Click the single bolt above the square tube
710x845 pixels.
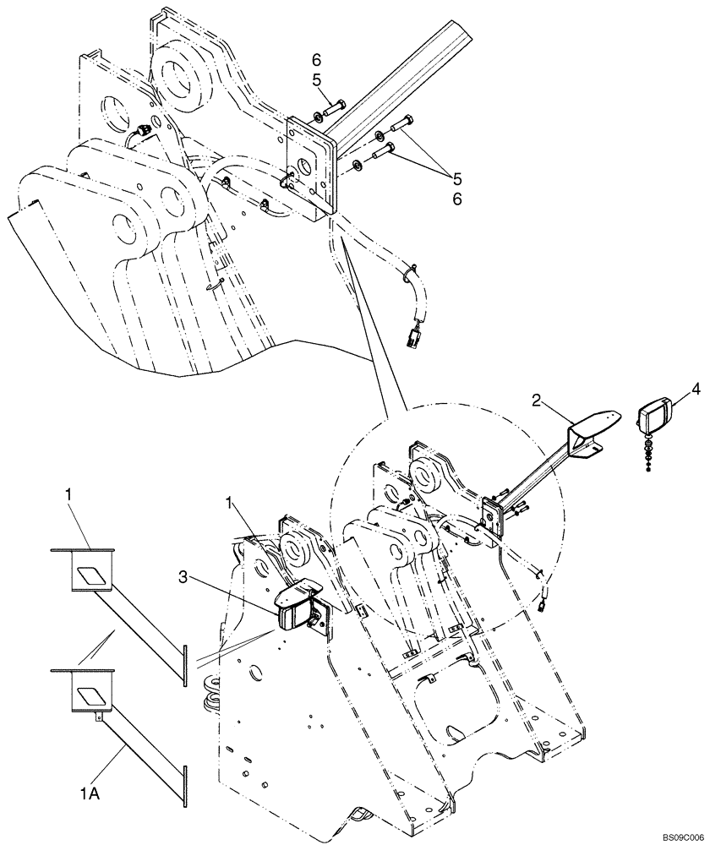(335, 108)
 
